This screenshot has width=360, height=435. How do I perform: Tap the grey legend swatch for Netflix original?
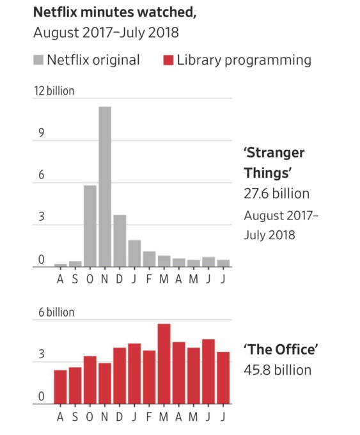coord(40,61)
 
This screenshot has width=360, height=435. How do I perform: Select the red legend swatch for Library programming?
coord(168,61)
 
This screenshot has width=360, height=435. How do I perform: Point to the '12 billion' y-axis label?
coord(54,91)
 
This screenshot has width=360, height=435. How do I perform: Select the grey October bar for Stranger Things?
coord(90,226)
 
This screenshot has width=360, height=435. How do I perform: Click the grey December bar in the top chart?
coord(120,241)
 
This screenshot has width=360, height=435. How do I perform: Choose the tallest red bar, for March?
coord(164,364)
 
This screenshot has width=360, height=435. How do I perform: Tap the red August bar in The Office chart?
coord(61,387)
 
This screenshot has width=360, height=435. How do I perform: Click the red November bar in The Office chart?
coord(105,383)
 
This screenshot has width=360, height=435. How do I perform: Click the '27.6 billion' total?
coord(276,193)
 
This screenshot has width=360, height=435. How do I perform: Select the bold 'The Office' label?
coord(280,349)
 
